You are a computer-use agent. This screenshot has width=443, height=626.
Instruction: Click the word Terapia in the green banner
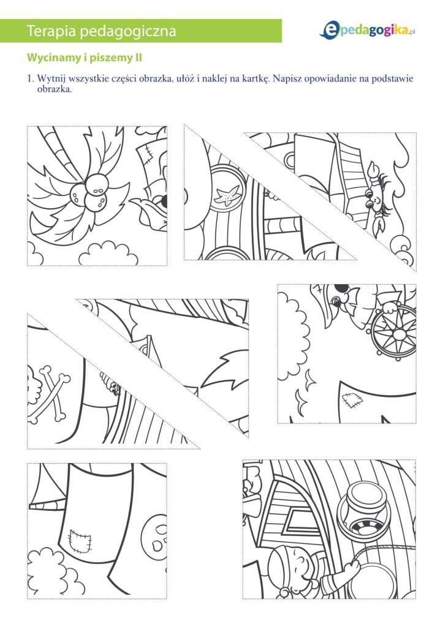point(51,31)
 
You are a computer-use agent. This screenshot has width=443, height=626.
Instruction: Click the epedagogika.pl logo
point(368,31)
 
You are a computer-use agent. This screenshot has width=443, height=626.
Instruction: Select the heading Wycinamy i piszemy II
point(85,58)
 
